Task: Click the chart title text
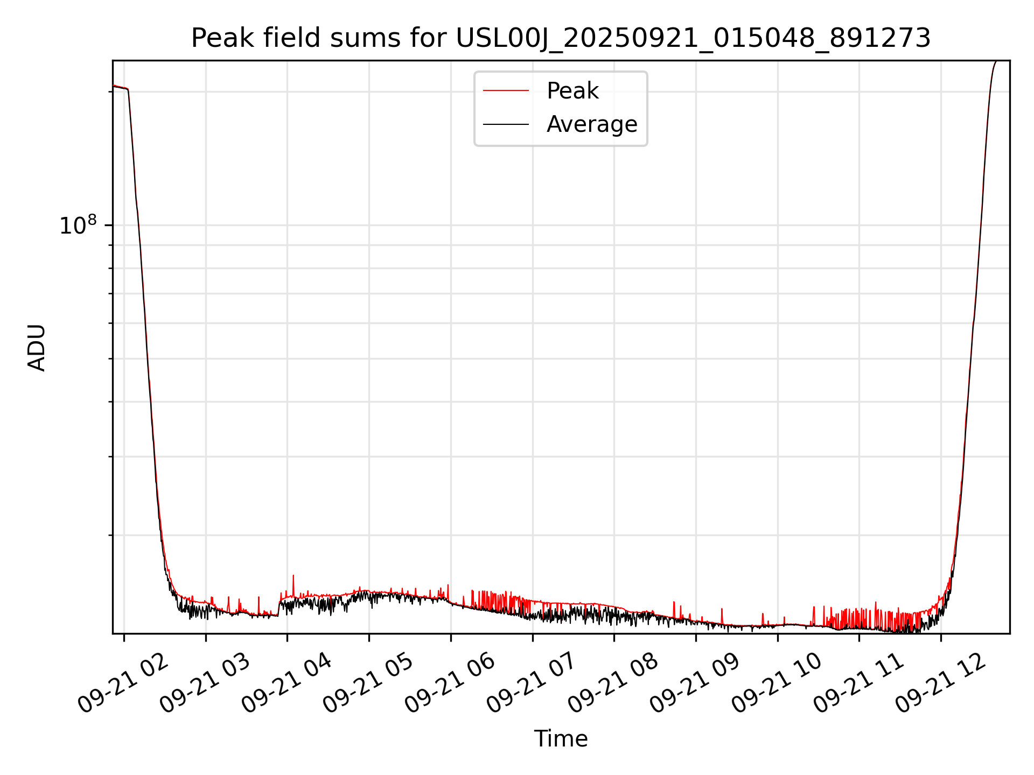pyautogui.click(x=561, y=38)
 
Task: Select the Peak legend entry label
pyautogui.click(x=572, y=91)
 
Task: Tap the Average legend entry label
pyautogui.click(x=591, y=124)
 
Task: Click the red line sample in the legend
pyautogui.click(x=506, y=91)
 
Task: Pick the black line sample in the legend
pyautogui.click(x=506, y=124)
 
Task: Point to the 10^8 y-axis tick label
pyautogui.click(x=78, y=226)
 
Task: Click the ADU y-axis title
pyautogui.click(x=37, y=347)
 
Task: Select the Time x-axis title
pyautogui.click(x=561, y=739)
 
